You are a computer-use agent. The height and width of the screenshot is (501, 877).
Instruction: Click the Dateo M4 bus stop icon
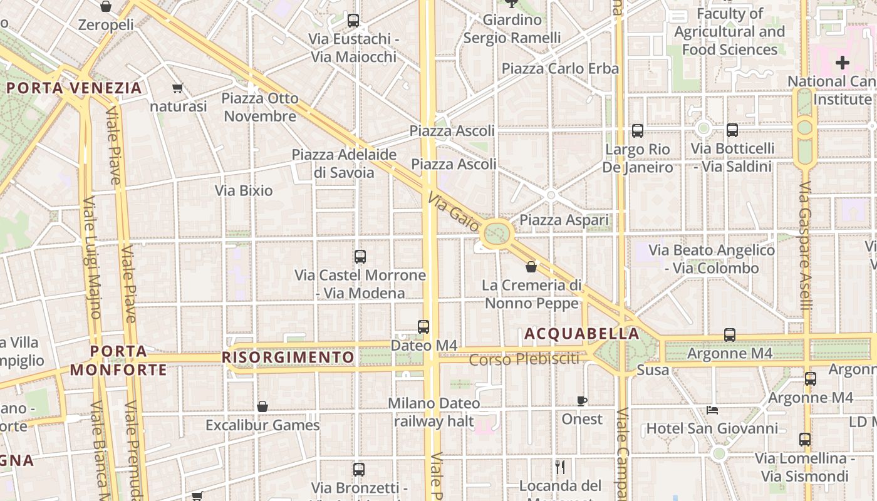tap(423, 326)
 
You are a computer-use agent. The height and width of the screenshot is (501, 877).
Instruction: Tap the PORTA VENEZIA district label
tap(75, 88)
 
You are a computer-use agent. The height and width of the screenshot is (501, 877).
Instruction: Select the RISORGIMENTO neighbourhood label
tap(288, 358)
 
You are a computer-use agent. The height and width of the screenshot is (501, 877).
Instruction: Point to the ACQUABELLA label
tap(582, 334)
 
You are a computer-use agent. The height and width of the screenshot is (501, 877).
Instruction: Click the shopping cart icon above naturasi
tap(178, 88)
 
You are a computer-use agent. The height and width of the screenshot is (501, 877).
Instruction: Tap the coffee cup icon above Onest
tap(582, 401)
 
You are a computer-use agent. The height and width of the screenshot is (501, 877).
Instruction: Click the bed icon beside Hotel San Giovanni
tap(712, 410)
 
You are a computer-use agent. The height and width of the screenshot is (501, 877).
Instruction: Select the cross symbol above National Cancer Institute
tap(843, 63)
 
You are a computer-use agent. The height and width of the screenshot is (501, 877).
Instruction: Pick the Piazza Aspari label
tap(564, 220)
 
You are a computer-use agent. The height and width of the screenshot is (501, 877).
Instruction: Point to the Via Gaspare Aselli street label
tap(806, 245)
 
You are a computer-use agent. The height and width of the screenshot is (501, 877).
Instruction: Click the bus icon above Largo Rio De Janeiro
tap(638, 131)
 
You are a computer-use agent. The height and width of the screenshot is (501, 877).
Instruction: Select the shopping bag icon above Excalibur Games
tap(262, 406)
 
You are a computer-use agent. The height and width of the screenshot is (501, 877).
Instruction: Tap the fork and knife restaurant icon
tap(560, 467)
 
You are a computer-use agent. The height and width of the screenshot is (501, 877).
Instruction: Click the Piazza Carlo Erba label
tap(560, 68)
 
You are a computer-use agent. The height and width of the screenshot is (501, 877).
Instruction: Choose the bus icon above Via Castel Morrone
tap(360, 256)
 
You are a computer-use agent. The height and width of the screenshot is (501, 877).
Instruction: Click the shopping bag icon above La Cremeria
tap(531, 267)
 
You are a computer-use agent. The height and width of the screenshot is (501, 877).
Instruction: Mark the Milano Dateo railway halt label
tap(434, 412)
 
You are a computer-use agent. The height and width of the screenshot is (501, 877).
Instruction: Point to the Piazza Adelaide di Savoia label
tap(344, 163)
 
